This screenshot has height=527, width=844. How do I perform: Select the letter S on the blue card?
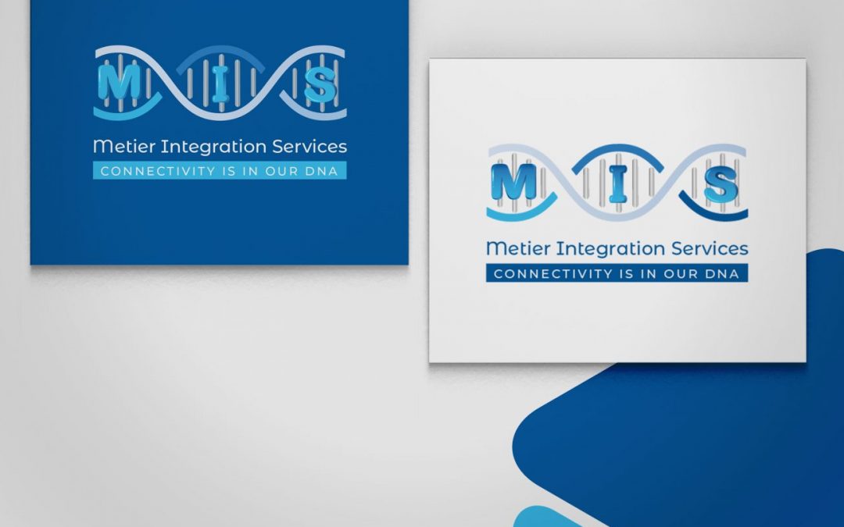click(x=320, y=84)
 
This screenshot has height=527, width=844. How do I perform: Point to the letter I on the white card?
click(x=617, y=184)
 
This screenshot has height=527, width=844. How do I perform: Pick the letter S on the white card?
click(x=720, y=185)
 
